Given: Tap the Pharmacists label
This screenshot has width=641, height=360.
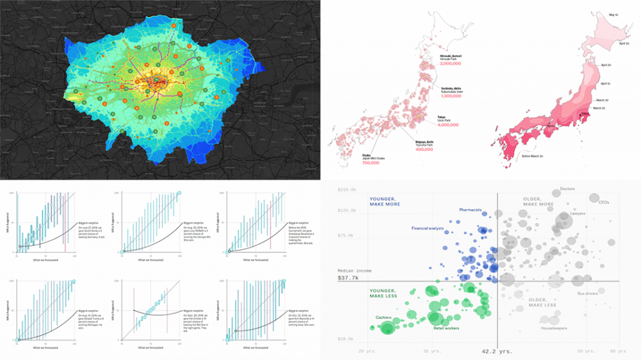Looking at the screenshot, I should click(470, 210).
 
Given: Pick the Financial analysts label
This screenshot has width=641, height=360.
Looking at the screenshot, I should click(428, 229).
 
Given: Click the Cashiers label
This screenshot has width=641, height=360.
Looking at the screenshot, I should click(383, 317).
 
